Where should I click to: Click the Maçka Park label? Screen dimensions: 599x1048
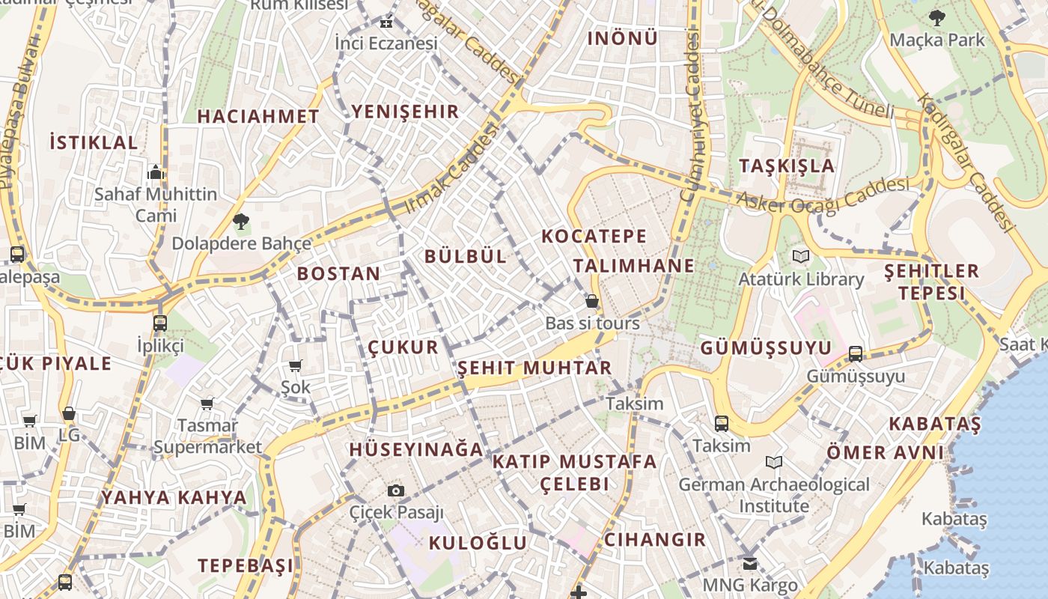(x=937, y=40)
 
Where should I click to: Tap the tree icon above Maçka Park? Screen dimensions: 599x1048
(x=936, y=17)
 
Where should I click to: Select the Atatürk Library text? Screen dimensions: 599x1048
(x=801, y=279)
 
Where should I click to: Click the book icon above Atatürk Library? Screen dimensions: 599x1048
(x=801, y=257)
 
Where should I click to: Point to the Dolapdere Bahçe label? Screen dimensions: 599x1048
(x=241, y=243)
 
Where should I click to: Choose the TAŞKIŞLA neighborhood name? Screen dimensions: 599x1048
(x=787, y=165)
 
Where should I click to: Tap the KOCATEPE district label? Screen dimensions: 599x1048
(x=594, y=237)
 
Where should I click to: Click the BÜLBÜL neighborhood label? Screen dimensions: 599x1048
(x=466, y=256)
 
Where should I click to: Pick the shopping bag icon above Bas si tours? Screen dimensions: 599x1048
(x=592, y=301)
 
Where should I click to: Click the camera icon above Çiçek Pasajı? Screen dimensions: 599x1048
(x=396, y=491)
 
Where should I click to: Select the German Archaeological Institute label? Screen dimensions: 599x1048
(x=774, y=495)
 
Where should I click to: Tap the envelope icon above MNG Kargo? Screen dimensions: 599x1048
(x=750, y=563)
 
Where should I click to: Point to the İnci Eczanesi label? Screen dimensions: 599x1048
(x=386, y=43)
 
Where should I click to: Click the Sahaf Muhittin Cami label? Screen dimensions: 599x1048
(x=156, y=204)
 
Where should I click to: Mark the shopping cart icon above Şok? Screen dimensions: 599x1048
(x=296, y=365)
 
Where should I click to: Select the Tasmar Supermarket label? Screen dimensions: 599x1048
(x=207, y=437)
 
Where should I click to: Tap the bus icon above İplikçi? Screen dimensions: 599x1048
(x=159, y=323)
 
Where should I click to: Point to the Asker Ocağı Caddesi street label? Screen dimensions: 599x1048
(x=823, y=193)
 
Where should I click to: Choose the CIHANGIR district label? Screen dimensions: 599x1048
(x=655, y=540)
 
